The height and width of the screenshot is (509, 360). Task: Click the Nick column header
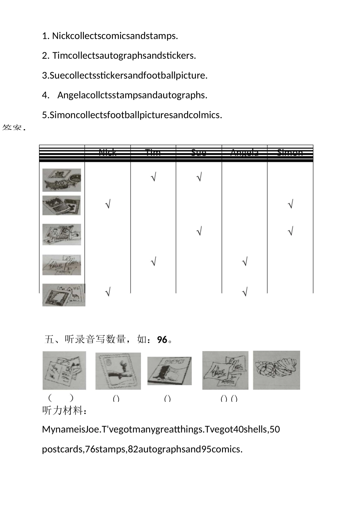108,153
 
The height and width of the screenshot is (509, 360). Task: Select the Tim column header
153,153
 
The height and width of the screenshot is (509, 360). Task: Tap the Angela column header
244,153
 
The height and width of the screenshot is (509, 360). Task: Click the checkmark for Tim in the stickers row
153,177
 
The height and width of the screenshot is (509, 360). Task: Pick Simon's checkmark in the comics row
290,205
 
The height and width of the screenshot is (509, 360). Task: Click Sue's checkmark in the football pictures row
199,231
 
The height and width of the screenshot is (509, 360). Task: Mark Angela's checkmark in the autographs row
244,261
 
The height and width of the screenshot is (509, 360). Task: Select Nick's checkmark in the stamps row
108,292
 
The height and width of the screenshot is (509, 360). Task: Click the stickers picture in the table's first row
62,180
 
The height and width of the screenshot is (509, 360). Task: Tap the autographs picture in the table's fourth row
62,265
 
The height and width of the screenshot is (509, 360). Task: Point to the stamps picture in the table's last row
64,295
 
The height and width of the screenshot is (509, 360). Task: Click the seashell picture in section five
276,370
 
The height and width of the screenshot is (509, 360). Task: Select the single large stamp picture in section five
118,371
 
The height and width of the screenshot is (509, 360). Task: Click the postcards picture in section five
64,370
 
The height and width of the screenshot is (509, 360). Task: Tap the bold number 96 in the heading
162,340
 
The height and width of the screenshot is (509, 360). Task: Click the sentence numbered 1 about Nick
110,36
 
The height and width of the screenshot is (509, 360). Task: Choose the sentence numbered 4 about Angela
125,95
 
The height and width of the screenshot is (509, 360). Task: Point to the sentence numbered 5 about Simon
132,115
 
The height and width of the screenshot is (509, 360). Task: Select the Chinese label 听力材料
64,411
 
